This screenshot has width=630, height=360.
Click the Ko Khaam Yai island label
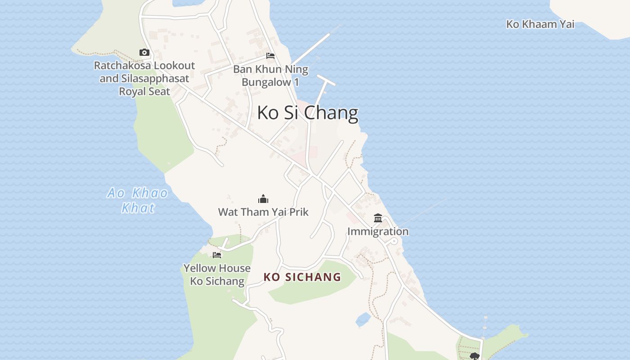(540, 24)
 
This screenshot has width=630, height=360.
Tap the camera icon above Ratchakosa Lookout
(144, 53)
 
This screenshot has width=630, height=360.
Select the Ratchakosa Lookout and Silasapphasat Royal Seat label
(144, 78)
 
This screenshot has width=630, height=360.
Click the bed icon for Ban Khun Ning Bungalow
(270, 56)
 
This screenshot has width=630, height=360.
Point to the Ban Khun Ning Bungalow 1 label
(270, 76)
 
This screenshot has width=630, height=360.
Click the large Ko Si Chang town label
(308, 112)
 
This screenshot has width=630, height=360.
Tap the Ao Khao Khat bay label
(138, 200)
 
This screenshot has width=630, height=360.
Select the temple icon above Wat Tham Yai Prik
(263, 199)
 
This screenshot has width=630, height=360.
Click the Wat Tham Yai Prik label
(263, 212)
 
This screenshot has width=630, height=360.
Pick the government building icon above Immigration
(378, 218)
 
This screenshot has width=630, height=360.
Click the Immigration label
(378, 231)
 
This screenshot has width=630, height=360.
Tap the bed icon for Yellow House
(217, 255)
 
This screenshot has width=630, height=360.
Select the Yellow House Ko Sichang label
(217, 274)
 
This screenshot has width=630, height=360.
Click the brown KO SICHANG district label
(302, 277)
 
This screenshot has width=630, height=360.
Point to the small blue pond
(363, 320)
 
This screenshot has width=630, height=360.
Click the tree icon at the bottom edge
(474, 356)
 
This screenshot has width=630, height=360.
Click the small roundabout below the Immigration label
(394, 241)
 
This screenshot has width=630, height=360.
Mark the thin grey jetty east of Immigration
(423, 211)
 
